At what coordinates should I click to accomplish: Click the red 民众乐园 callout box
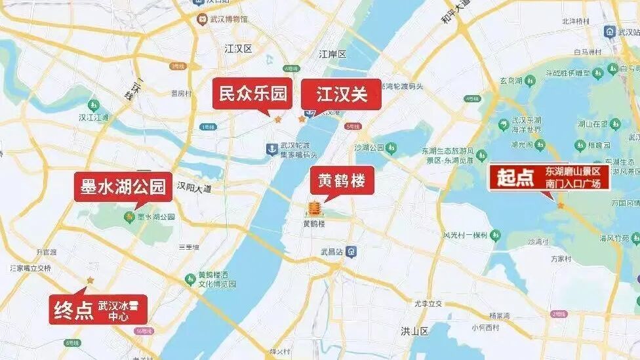click(x=252, y=94)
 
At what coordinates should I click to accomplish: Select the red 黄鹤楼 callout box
click(x=342, y=180)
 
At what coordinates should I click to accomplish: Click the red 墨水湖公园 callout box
click(x=123, y=186)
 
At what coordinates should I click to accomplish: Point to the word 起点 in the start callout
click(x=515, y=177)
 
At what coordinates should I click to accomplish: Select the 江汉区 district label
click(x=238, y=49)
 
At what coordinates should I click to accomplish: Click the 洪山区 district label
click(x=414, y=332)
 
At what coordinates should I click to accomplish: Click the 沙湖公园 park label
click(x=369, y=148)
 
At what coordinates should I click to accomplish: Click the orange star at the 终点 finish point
click(x=90, y=280)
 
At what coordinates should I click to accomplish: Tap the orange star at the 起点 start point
click(x=561, y=206)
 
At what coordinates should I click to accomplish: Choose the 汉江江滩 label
click(x=94, y=118)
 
